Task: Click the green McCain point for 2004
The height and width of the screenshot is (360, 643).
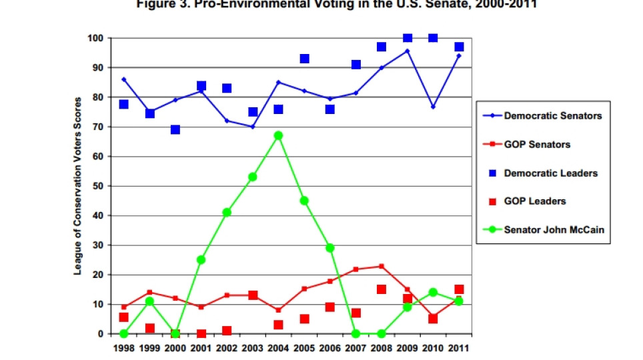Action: (x=278, y=135)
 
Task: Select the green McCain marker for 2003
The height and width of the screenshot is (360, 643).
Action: (x=253, y=177)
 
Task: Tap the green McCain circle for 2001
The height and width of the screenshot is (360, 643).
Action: (x=201, y=259)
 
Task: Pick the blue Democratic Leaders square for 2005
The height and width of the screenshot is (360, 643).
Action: (x=304, y=59)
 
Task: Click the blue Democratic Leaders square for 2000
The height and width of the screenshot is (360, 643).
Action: (x=175, y=129)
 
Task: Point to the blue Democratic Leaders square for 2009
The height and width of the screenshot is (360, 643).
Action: (x=408, y=38)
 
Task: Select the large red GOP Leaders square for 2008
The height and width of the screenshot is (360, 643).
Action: (x=382, y=289)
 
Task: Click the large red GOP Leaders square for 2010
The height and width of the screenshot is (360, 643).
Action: (x=433, y=319)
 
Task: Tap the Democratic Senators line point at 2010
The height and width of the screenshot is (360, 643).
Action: (x=433, y=107)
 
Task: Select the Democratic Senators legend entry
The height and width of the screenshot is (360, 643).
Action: (x=544, y=115)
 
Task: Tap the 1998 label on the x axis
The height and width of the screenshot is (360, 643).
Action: (x=123, y=348)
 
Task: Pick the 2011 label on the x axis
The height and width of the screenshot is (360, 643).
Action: (x=459, y=348)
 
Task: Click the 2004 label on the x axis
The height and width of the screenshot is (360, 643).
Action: (x=278, y=348)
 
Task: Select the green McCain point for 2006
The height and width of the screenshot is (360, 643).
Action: (x=330, y=248)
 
